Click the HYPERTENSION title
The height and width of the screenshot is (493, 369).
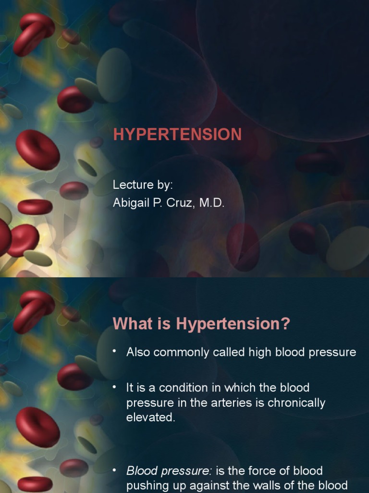coord(177,135)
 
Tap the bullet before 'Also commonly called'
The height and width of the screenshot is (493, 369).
coord(114,351)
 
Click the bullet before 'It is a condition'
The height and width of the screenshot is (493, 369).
coord(114,387)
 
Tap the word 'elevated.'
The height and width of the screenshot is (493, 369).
coord(151,417)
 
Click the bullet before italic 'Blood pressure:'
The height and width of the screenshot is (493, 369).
coord(114,470)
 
